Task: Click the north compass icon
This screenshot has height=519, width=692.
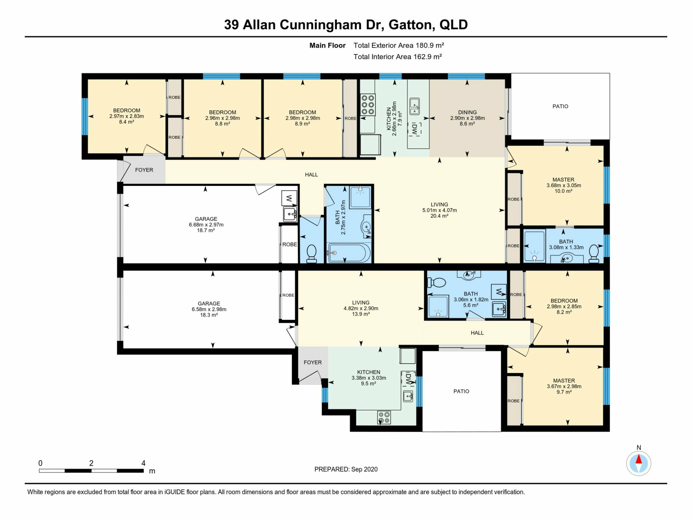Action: click(639, 463)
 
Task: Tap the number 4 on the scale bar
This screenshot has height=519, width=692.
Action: click(143, 463)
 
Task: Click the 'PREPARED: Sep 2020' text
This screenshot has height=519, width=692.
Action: click(346, 469)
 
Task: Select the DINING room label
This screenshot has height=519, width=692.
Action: click(467, 112)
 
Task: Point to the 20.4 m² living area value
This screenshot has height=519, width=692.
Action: click(439, 216)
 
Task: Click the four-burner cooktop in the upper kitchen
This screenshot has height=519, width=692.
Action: click(368, 105)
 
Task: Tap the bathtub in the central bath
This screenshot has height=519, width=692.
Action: click(349, 253)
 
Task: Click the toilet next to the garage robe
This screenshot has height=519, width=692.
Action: click(311, 254)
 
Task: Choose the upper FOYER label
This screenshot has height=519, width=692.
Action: click(144, 170)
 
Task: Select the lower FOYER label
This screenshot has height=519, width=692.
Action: click(312, 362)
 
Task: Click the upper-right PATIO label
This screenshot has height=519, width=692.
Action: click(560, 106)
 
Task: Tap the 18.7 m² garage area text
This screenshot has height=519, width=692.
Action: click(206, 230)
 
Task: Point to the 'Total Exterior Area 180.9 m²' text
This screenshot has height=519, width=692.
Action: click(399, 45)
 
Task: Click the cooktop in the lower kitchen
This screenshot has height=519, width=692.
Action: click(384, 418)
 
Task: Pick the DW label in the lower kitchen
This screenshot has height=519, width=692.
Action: click(408, 378)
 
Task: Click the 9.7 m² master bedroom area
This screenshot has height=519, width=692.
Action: click(564, 392)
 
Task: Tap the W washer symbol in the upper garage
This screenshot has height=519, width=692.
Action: click(289, 198)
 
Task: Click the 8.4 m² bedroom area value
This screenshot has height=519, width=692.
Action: click(127, 122)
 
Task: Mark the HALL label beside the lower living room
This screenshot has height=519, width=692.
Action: click(477, 333)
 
